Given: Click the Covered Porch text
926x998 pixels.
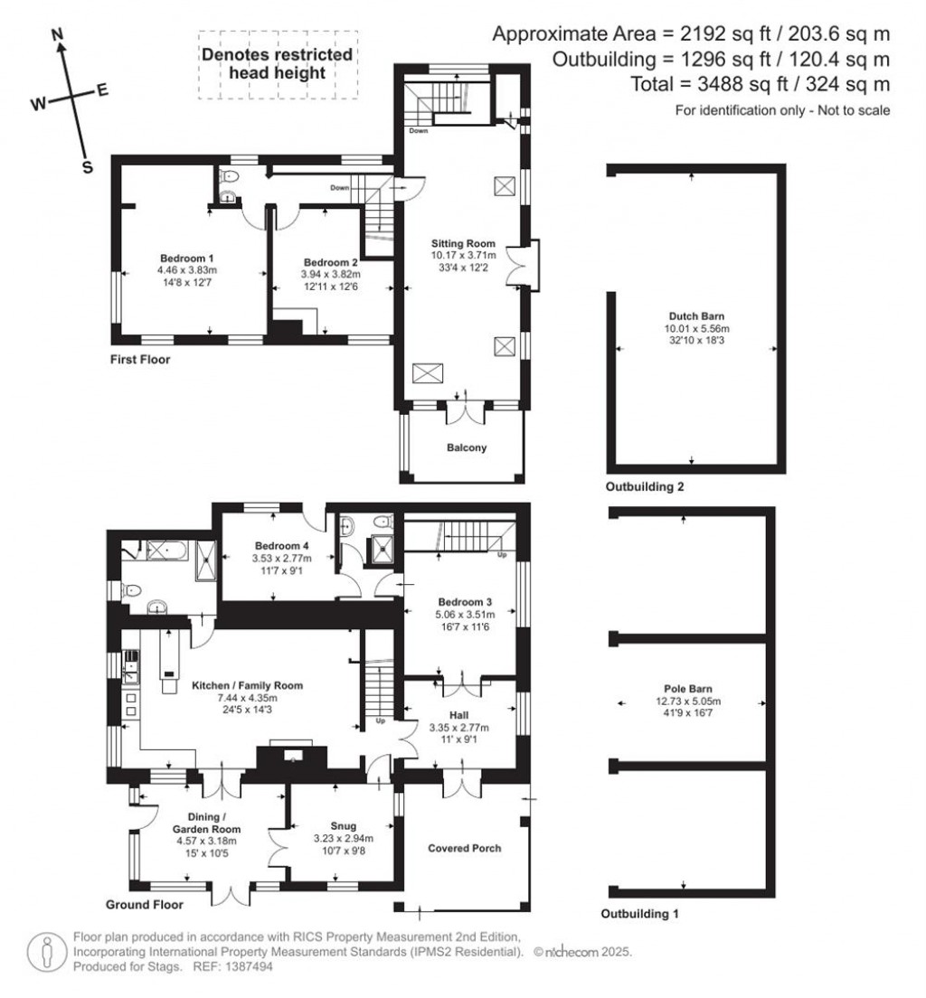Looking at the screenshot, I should pos(464,848).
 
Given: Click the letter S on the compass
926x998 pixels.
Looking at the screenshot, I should pos(88,166).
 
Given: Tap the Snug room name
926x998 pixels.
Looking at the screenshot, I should pos(343,825).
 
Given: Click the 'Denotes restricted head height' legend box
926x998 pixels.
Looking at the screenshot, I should pos(277,63).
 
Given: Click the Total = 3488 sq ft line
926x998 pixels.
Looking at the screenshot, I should pos(761,84).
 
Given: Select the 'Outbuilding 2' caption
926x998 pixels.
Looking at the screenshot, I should pos(644,486).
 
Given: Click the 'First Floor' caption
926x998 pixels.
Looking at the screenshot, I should pos(138,359).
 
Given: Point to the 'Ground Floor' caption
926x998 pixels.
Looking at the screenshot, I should pos(145,904).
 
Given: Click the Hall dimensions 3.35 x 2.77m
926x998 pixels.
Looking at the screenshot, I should pos(459,727).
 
